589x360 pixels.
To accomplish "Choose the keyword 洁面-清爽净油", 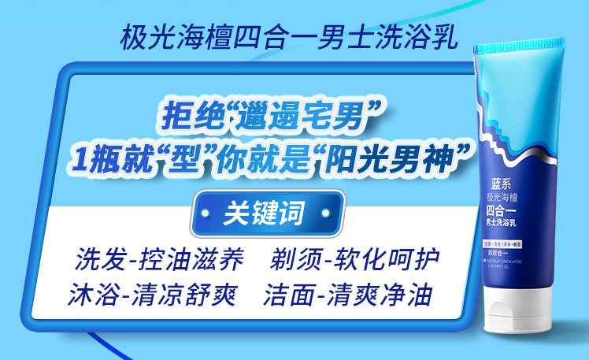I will point(349,295).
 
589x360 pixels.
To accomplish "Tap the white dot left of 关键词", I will point(207,213).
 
